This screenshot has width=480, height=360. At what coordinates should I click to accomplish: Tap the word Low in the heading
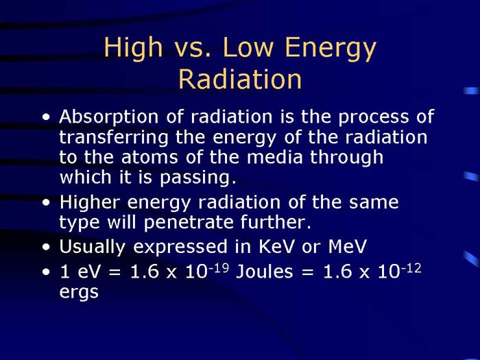coord(244,49)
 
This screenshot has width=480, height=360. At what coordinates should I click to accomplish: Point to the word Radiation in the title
coord(240,79)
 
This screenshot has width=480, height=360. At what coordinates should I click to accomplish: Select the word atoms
coord(136,157)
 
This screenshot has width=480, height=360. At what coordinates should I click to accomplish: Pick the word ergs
coord(79,293)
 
